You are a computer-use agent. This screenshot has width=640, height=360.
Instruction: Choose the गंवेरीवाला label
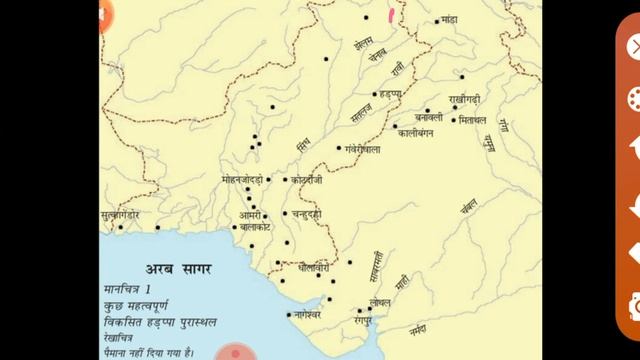(362, 149)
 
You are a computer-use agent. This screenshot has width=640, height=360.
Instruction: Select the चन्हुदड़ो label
(303, 214)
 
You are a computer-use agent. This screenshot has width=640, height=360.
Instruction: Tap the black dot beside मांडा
(438, 21)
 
